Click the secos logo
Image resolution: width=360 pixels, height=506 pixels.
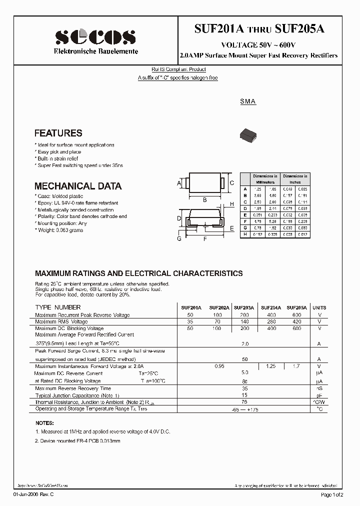point(95,36)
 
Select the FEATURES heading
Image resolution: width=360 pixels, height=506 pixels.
point(58,133)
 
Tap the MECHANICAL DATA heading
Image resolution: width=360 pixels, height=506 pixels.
point(77,186)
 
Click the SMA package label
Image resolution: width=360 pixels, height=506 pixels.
point(247,101)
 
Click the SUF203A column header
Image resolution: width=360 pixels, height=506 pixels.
point(243,308)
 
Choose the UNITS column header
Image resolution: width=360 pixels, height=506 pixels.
point(318,308)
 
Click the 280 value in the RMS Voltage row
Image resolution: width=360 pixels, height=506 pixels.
point(270,321)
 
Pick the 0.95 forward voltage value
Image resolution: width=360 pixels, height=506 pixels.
point(218,366)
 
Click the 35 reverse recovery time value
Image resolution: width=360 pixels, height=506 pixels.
point(244,388)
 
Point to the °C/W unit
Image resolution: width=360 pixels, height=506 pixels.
point(318,402)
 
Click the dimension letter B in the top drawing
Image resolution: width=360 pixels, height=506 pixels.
point(204,199)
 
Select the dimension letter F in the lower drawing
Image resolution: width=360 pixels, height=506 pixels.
point(204,239)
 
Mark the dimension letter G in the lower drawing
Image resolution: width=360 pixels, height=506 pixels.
point(179,239)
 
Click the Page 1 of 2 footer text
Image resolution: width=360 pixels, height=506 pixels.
point(332,494)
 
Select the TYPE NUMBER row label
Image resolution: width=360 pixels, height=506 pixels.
point(57,307)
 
